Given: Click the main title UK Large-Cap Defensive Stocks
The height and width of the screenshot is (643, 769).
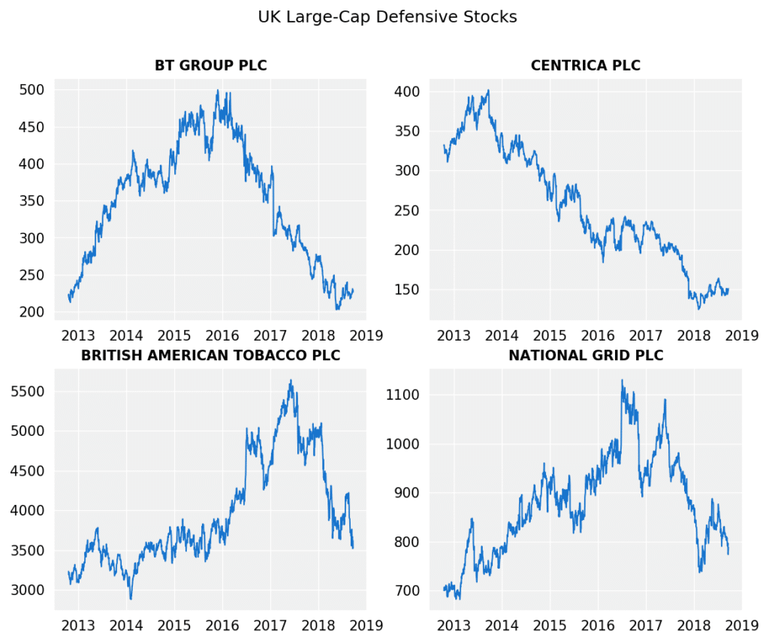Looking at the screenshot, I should tap(387, 17).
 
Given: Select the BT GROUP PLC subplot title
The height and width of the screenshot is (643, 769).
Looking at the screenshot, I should tap(210, 66).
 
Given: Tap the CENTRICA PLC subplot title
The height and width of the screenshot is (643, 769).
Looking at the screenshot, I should tap(585, 66).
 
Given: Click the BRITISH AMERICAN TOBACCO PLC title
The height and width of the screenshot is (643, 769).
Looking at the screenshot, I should tap(210, 356).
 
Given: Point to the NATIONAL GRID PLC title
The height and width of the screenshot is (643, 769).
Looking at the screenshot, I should tap(586, 356).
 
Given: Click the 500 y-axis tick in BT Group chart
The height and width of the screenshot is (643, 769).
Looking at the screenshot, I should tap(32, 90).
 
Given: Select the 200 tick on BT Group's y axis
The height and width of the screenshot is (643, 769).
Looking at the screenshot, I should tap(32, 312).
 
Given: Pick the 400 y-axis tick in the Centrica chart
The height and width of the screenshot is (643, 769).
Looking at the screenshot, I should tap(406, 92).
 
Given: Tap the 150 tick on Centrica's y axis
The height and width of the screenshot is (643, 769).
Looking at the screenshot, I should tap(406, 290).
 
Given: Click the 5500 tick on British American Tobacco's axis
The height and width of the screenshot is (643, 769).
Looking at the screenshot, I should tap(27, 392).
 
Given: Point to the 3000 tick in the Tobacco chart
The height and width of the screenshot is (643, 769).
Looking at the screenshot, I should tap(27, 590).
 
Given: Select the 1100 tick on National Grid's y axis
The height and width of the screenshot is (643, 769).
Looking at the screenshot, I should tap(403, 395).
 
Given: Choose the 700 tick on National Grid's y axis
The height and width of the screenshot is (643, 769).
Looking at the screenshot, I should tap(406, 590).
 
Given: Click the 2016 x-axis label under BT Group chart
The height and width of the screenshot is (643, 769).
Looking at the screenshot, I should tap(222, 335).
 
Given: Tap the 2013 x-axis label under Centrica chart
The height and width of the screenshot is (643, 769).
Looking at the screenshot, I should tap(454, 335).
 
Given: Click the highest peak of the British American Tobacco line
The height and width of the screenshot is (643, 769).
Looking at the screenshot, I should tap(291, 380).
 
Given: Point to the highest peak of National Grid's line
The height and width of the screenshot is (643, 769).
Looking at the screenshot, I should tap(622, 380).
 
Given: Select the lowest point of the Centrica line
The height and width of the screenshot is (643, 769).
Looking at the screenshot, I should tap(698, 308).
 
